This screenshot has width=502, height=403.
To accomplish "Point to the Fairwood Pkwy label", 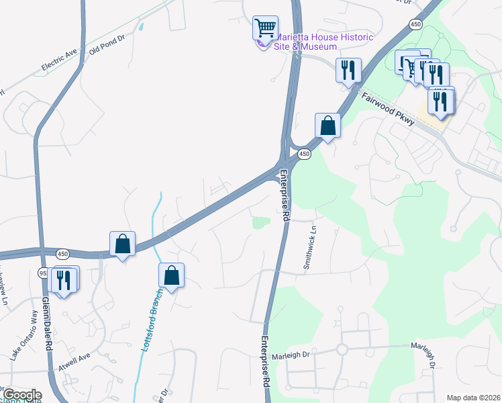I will pos(389,107).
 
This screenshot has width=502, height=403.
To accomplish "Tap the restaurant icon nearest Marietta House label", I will pos(348,69).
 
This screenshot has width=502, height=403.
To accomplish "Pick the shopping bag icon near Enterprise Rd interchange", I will pos(328,124).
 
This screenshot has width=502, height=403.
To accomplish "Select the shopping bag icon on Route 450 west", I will pos(123,243).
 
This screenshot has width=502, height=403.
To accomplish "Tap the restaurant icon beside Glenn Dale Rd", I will pos(63,278).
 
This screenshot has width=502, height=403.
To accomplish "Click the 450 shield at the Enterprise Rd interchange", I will pos(305,154).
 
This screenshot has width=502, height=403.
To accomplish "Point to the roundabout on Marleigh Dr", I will pos(342,349).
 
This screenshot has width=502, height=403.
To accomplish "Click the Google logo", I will pos(21,395).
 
